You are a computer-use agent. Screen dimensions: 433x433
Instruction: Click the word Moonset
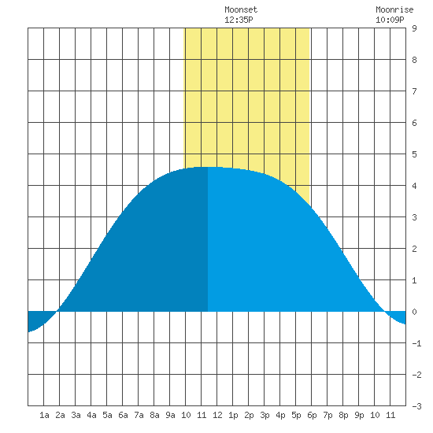tap(241, 9)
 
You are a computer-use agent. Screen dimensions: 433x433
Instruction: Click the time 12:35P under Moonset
tap(239, 20)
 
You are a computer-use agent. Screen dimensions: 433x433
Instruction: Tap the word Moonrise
tap(394, 9)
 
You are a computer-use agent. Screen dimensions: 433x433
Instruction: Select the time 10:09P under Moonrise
tap(390, 20)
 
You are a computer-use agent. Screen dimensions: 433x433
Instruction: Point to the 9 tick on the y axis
tap(414, 28)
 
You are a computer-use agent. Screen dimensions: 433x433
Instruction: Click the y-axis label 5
tap(414, 154)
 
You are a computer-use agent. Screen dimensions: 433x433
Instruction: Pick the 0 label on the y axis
tap(414, 312)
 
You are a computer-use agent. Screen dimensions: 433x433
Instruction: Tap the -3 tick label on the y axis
tap(416, 406)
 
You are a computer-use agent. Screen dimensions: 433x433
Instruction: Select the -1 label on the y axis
tap(416, 343)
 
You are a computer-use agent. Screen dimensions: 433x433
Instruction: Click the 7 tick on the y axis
tap(414, 91)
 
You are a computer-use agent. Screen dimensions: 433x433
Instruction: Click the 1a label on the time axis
tap(44, 415)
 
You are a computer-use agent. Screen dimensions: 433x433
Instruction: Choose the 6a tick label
tap(123, 415)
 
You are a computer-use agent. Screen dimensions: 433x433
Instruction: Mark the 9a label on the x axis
tap(170, 415)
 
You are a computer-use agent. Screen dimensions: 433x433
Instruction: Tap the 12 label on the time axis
tap(217, 415)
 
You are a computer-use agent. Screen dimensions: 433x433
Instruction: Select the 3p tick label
tap(265, 415)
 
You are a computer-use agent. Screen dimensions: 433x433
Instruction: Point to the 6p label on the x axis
tap(312, 415)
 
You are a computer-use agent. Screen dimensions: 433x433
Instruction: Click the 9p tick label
tap(359, 415)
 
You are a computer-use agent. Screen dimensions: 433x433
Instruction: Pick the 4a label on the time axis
tap(91, 415)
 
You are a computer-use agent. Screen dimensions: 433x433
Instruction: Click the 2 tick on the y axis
tap(414, 249)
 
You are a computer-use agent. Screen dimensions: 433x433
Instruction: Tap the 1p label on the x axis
tap(233, 415)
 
